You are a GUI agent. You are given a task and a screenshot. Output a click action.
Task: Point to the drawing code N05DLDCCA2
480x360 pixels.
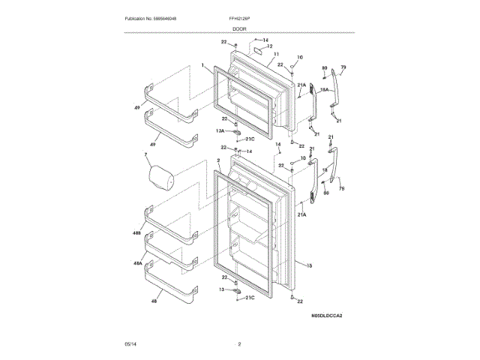[x=325, y=316]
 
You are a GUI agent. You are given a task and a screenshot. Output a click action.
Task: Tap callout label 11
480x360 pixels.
[x=277, y=54]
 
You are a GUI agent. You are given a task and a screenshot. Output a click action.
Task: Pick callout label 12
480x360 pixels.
[x=269, y=46]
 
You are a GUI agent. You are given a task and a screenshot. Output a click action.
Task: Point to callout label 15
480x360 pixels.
[x=308, y=265]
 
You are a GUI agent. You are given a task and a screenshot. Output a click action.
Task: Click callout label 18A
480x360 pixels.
[x=325, y=89]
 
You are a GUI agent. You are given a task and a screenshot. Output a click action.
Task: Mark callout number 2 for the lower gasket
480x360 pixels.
[x=217, y=160]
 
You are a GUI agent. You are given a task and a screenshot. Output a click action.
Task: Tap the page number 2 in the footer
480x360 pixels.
[x=239, y=344]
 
